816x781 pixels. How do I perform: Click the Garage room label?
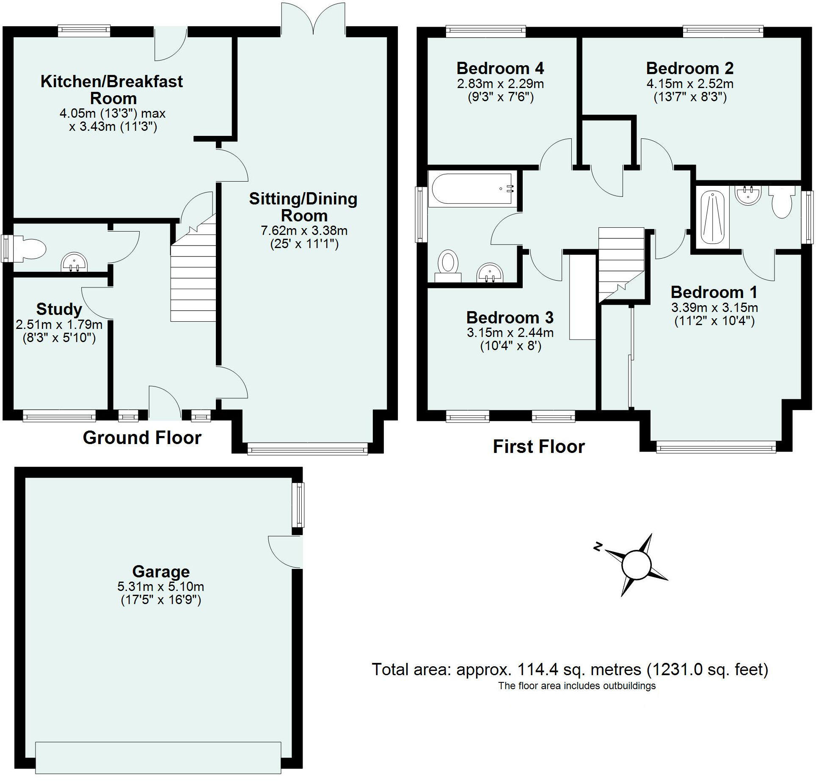pos(161,571)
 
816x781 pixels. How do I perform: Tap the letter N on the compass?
pos(598,547)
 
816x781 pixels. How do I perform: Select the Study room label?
pos(59,309)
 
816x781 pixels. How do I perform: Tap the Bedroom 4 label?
pos(500,68)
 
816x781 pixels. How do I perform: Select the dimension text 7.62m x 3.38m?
pos(304,231)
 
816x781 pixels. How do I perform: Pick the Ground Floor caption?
pos(142,438)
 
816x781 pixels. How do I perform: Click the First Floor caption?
pos(539,447)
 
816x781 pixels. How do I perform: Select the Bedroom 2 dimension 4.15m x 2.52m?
pos(689,83)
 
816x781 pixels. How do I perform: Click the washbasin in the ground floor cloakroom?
pos(74,263)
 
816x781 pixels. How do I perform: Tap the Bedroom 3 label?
pos(510,317)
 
